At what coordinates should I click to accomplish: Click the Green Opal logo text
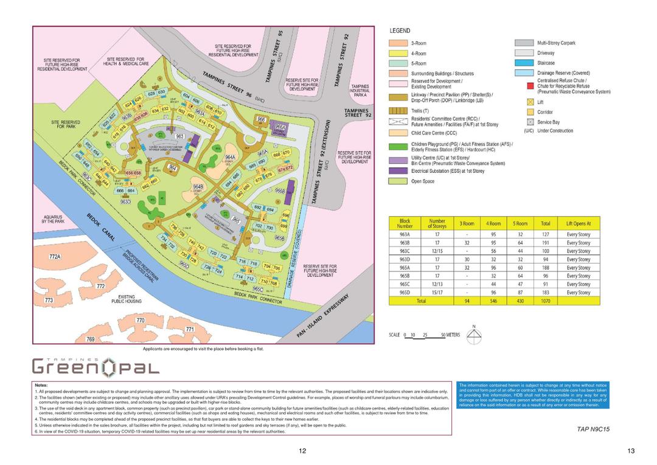coord(96,366)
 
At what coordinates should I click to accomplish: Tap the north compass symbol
coord(474,335)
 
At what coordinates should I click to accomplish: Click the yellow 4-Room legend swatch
coord(398,54)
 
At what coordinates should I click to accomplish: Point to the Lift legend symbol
coord(530,102)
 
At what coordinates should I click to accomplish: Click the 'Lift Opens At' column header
coord(578,223)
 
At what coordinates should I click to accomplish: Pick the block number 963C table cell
coord(405,251)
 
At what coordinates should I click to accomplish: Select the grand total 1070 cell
coord(545,301)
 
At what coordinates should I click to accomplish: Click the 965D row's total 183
coord(545,292)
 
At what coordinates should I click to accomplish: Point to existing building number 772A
coord(55,257)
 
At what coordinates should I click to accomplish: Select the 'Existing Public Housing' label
coord(127,299)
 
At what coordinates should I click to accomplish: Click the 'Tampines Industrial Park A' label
coord(360,91)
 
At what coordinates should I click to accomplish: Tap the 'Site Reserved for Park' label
coord(66,124)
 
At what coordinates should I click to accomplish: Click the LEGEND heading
coord(400,30)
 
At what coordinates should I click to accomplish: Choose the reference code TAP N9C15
coord(593,429)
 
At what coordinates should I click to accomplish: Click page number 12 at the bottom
coord(302,451)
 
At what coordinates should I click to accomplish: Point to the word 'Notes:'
coord(41,385)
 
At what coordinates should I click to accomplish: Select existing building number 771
coord(189,329)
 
